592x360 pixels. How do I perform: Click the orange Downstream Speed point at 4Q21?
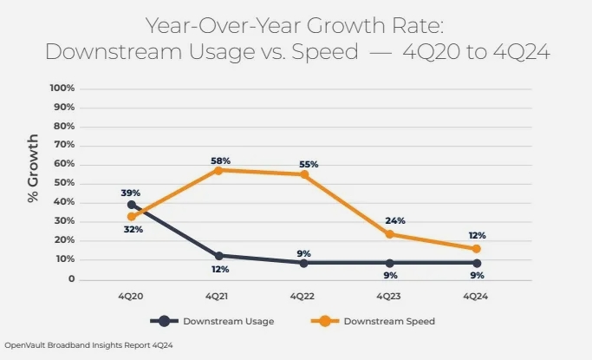click(218, 170)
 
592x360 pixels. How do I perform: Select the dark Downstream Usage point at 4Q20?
click(132, 205)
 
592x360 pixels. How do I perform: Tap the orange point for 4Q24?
click(476, 249)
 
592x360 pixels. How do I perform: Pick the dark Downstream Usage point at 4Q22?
click(304, 263)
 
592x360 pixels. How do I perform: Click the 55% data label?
click(309, 164)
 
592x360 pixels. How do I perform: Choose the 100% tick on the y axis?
click(64, 88)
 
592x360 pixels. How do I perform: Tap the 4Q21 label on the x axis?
click(218, 296)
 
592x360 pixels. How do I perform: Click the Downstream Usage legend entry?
click(229, 321)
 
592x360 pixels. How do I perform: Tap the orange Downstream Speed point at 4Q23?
click(390, 233)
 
